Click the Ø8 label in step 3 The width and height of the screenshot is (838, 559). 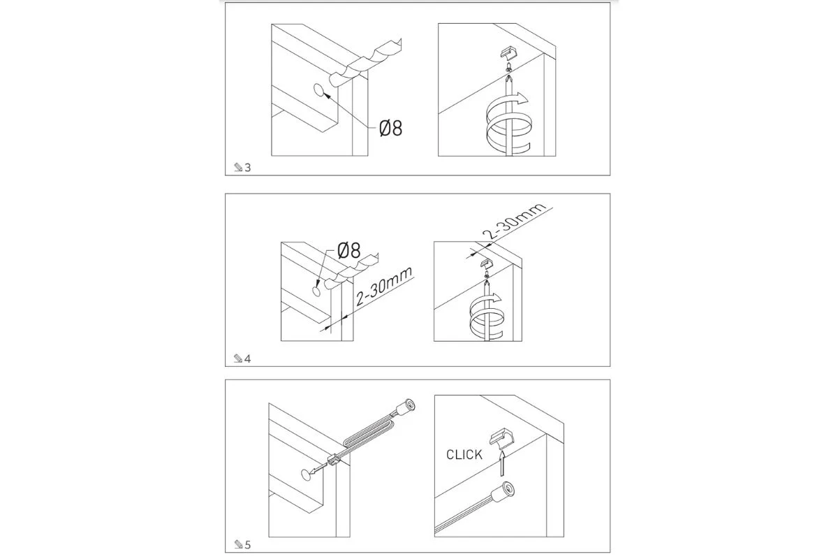pyautogui.click(x=390, y=128)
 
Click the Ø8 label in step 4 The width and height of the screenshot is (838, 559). pyautogui.click(x=349, y=250)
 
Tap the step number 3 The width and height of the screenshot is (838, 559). pyautogui.click(x=248, y=168)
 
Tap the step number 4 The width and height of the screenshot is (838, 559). pyautogui.click(x=248, y=358)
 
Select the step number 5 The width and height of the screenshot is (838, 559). pyautogui.click(x=248, y=545)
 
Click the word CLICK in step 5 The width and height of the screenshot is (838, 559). pyautogui.click(x=464, y=455)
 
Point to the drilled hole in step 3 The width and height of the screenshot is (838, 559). pyautogui.click(x=319, y=91)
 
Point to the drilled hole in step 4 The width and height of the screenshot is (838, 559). pyautogui.click(x=316, y=291)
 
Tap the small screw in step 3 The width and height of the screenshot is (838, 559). pyautogui.click(x=508, y=68)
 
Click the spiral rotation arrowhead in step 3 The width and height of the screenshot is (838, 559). pyautogui.click(x=521, y=98)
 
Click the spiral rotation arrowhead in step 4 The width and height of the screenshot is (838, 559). pyautogui.click(x=496, y=298)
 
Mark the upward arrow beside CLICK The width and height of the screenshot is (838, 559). pyautogui.click(x=502, y=463)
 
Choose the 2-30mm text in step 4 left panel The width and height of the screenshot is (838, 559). pyautogui.click(x=384, y=286)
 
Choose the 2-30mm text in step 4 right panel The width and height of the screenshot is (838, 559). pyautogui.click(x=514, y=222)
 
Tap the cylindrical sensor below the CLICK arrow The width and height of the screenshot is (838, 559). pyautogui.click(x=503, y=492)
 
